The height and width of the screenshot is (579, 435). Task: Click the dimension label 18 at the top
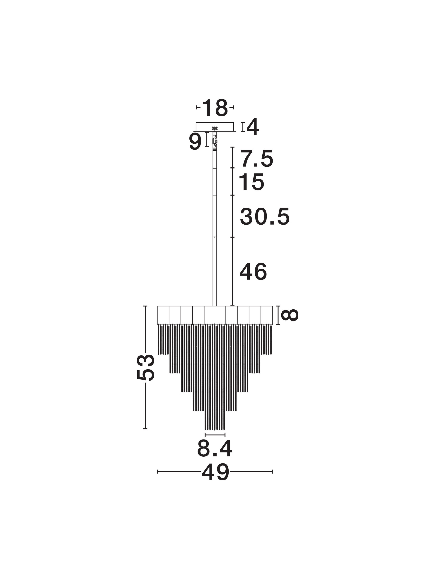pyautogui.click(x=215, y=108)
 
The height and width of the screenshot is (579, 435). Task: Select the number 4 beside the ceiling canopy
pyautogui.click(x=253, y=127)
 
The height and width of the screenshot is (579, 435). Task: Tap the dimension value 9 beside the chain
pyautogui.click(x=195, y=142)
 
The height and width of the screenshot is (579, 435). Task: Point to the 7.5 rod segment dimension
pyautogui.click(x=257, y=159)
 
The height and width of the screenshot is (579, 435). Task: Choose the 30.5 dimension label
pyautogui.click(x=265, y=216)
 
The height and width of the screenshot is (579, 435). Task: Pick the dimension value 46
pyautogui.click(x=253, y=272)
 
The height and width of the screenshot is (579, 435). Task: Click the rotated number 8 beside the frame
pyautogui.click(x=290, y=315)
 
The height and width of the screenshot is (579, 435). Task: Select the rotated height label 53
pyautogui.click(x=146, y=367)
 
